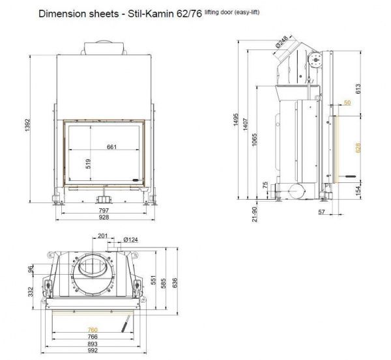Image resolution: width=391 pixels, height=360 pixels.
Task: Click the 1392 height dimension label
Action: (27, 125)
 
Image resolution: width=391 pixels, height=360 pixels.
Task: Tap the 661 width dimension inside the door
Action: (111, 146)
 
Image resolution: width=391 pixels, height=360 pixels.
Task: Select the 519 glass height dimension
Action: (88, 163)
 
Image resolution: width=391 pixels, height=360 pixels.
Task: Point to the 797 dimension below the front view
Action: (104, 210)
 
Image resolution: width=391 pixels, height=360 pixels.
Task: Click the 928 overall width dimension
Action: (104, 217)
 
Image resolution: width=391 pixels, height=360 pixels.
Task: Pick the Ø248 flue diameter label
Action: (282, 42)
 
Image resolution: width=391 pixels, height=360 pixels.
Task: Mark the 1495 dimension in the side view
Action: (236, 120)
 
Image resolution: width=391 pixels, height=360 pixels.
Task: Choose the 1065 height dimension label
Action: (254, 140)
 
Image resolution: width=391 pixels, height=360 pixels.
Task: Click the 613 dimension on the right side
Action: (358, 89)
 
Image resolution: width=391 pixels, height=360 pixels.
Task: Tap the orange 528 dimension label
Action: (358, 148)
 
